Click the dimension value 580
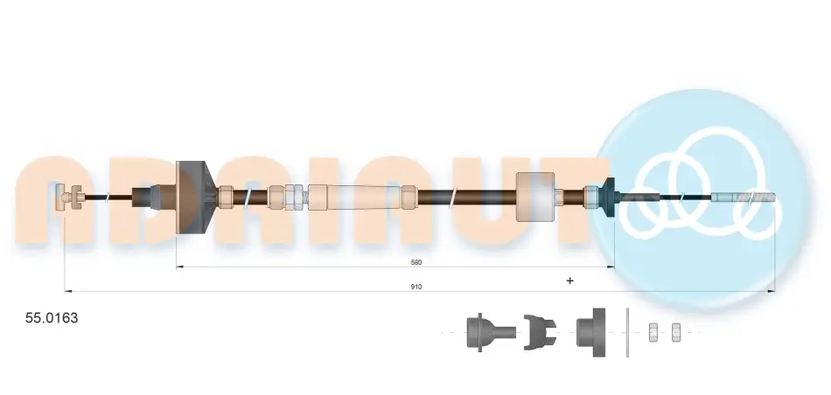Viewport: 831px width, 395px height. coord(416,262)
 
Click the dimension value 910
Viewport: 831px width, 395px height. coord(416,287)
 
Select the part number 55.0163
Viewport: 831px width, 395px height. coord(52,318)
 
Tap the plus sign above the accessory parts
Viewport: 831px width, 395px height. coord(569,281)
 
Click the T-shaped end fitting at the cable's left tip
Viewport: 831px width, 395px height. coord(68,197)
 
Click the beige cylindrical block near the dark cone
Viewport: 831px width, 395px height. coord(535,197)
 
